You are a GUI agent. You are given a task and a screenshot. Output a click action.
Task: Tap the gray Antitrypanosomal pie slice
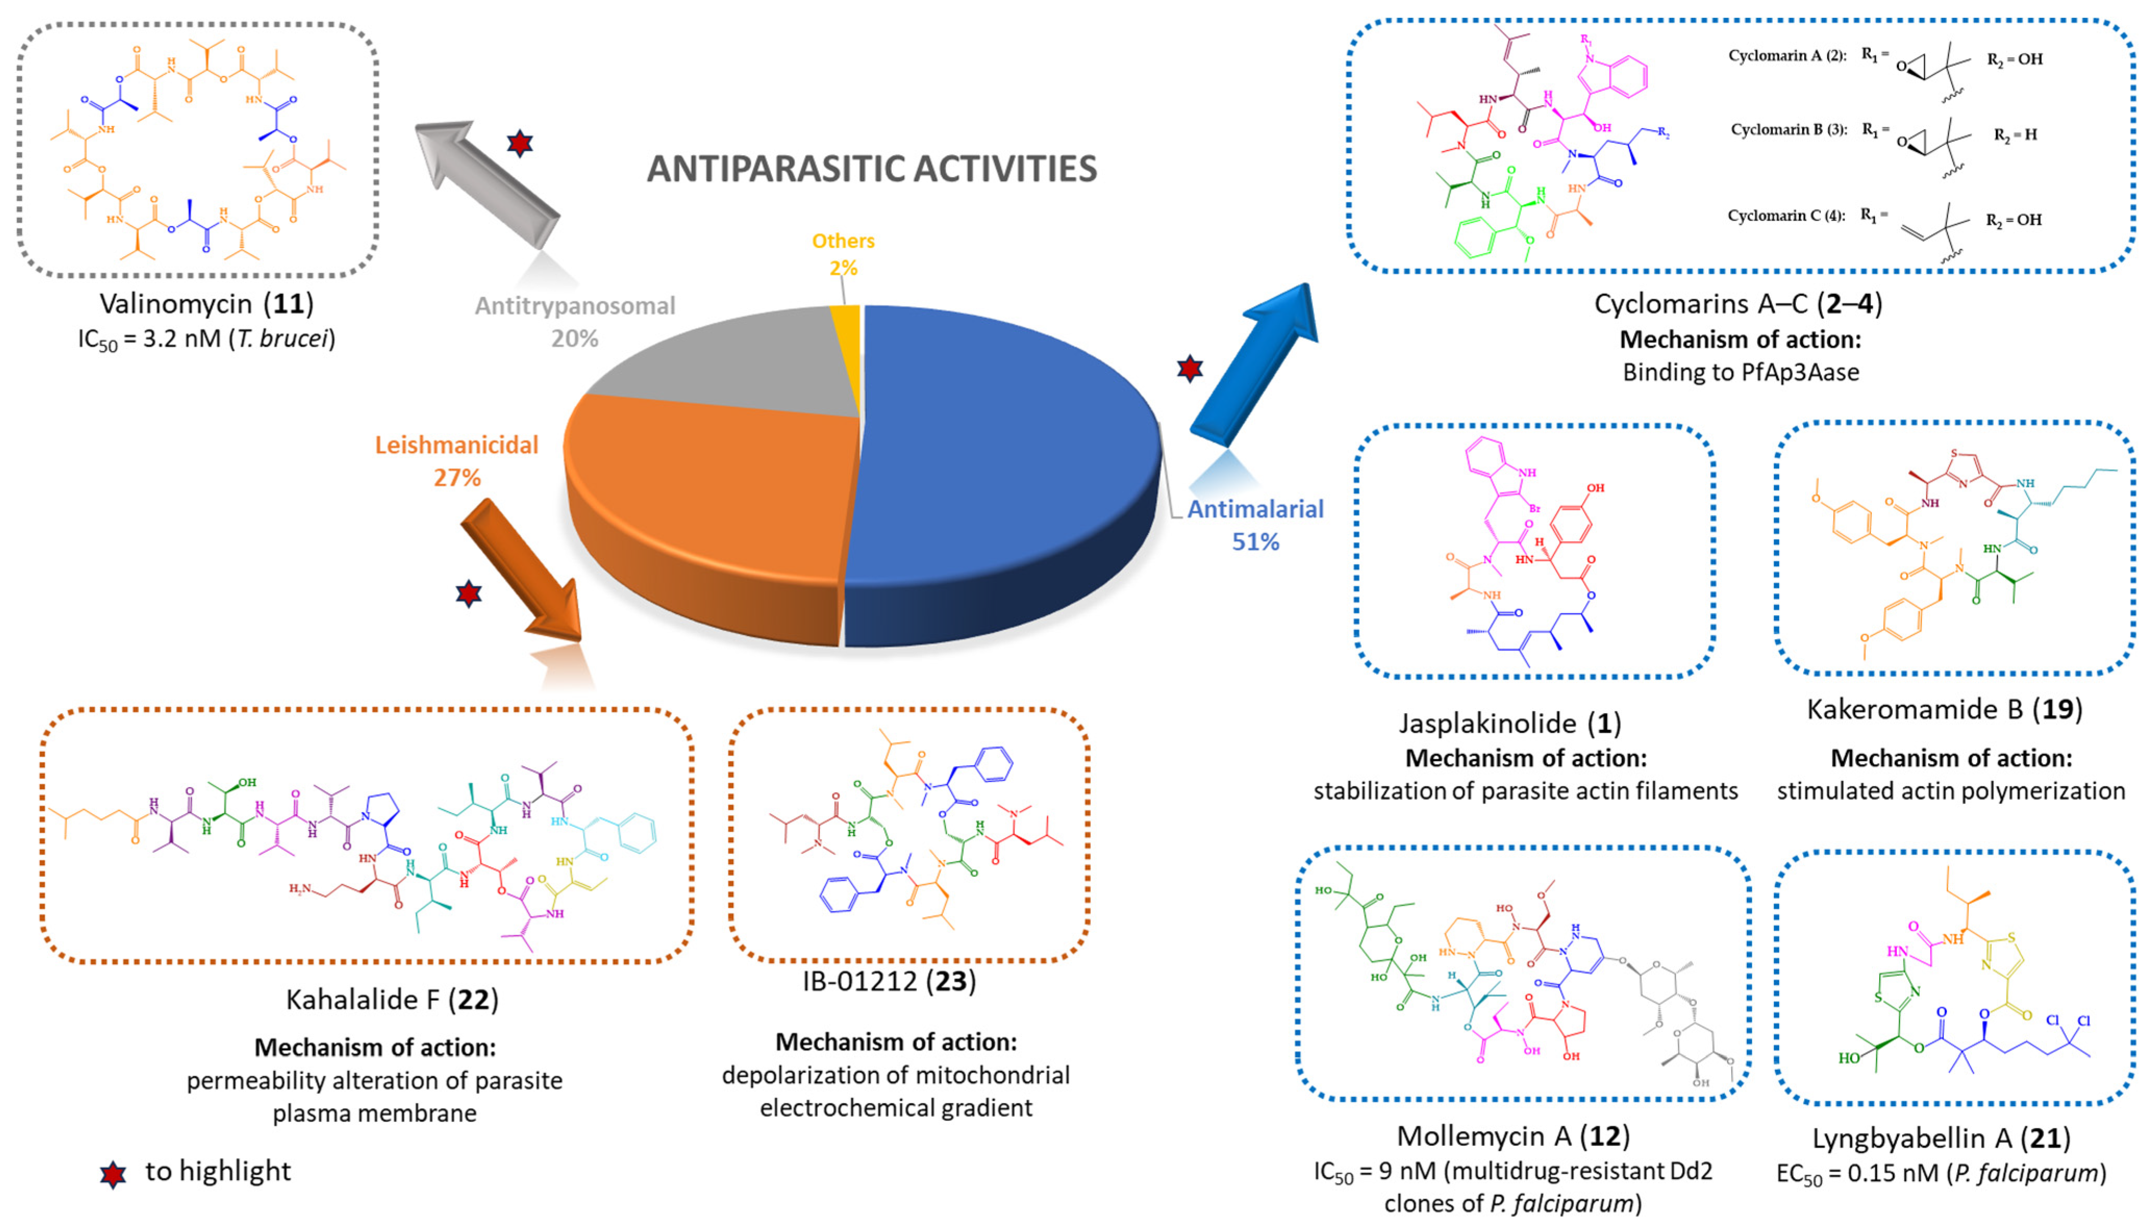[x=727, y=363]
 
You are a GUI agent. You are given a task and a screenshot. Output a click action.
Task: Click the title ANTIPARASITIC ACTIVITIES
[x=872, y=169]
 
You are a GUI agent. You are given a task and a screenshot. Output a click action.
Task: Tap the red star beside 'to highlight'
[x=112, y=1174]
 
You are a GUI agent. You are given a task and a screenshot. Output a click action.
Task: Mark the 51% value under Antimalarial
[x=1255, y=541]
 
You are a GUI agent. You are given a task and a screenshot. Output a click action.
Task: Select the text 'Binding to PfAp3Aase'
[x=1740, y=372]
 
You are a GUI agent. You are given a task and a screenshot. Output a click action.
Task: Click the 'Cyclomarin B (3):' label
[x=1789, y=130]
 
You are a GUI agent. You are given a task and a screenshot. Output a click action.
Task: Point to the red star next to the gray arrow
[x=519, y=144]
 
